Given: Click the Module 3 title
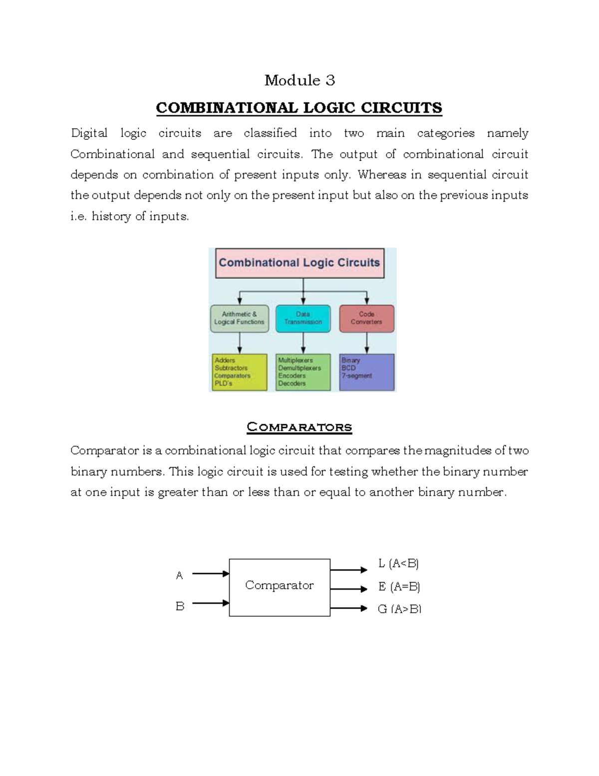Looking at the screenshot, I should pyautogui.click(x=299, y=80).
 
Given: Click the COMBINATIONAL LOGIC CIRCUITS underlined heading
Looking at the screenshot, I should pyautogui.click(x=299, y=108).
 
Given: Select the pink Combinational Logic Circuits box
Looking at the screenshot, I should pyautogui.click(x=299, y=263).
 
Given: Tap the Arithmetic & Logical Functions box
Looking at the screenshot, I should pyautogui.click(x=240, y=318).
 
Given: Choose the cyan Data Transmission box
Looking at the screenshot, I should pyautogui.click(x=303, y=318).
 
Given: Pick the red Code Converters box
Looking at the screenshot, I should pyautogui.click(x=366, y=318).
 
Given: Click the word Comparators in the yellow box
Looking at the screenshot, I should pyautogui.click(x=232, y=376).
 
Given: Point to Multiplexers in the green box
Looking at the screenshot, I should pyautogui.click(x=296, y=360).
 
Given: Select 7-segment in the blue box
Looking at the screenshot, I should pyautogui.click(x=356, y=376).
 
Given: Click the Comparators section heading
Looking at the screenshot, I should pyautogui.click(x=299, y=427).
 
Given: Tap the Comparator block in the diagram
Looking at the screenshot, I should pyautogui.click(x=280, y=586).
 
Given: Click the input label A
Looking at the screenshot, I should pyautogui.click(x=179, y=576).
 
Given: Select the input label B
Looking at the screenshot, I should pyautogui.click(x=180, y=606).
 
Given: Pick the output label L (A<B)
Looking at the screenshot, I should pyautogui.click(x=398, y=564).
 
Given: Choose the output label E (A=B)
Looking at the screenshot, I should pyautogui.click(x=399, y=587).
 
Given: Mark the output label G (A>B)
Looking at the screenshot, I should pyautogui.click(x=399, y=609).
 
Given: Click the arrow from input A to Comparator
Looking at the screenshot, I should pyautogui.click(x=210, y=574).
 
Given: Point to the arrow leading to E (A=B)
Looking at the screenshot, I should pyautogui.click(x=348, y=589).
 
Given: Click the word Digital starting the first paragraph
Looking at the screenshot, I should pyautogui.click(x=89, y=133).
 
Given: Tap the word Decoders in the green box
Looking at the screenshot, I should pyautogui.click(x=292, y=384).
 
